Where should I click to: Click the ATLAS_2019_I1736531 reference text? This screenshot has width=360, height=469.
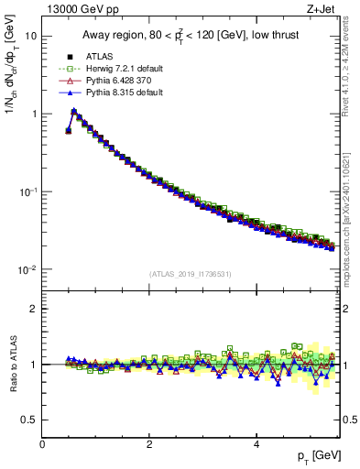coord(191,274)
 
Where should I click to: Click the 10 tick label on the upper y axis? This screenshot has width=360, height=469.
coord(31,36)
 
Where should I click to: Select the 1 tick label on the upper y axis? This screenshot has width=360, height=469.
coord(34,114)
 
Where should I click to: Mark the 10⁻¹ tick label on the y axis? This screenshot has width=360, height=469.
coord(29,191)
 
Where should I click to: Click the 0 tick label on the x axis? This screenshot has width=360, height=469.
coord(43,444)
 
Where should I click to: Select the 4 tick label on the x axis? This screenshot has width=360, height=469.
coord(256,444)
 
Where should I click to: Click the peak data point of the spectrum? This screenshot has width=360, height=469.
coord(74,111)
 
